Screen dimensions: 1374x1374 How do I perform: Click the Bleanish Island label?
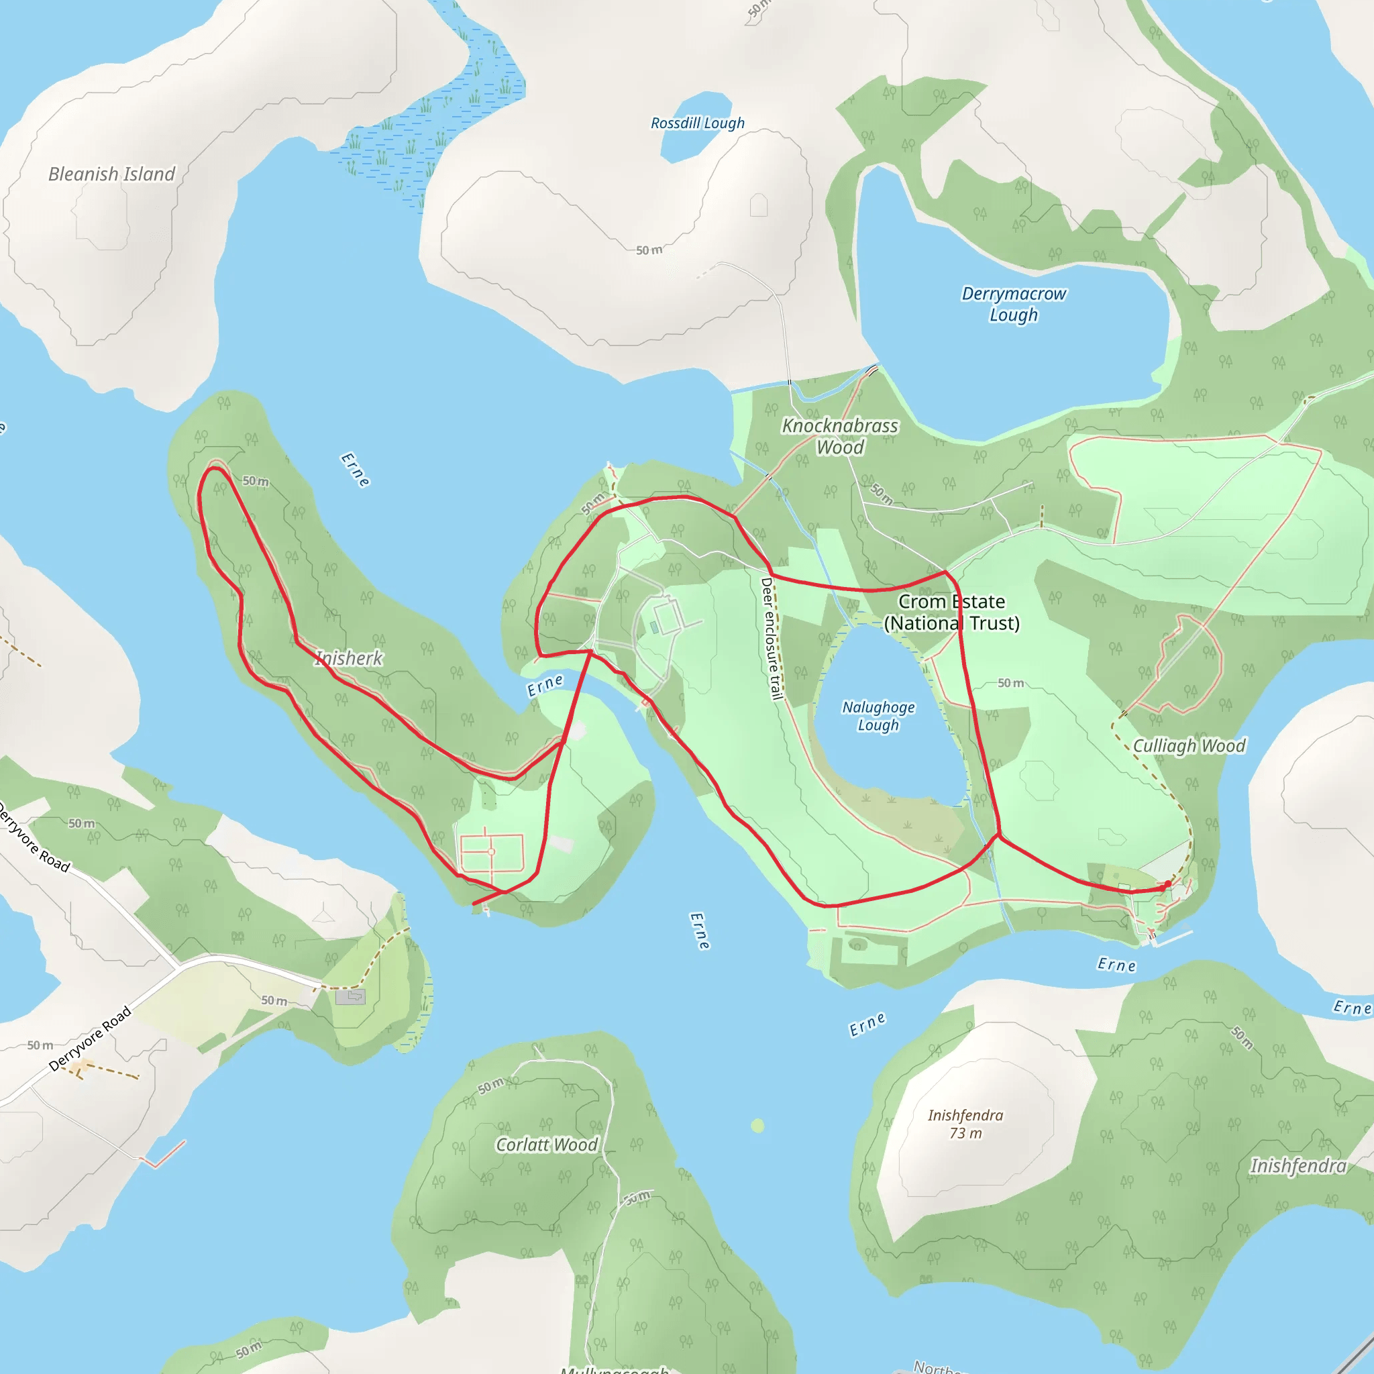[111, 174]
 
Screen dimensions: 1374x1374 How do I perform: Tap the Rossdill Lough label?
[698, 123]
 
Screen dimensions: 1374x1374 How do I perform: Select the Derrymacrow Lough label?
[1014, 304]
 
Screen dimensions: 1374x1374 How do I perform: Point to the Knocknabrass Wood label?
[840, 436]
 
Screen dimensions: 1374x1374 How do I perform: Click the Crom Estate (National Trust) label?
[951, 613]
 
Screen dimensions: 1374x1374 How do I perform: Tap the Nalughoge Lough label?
[878, 716]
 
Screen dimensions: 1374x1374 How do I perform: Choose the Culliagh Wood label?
[1189, 746]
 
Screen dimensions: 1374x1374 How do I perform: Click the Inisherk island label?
[348, 659]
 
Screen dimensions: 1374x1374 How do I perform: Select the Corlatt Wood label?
[546, 1145]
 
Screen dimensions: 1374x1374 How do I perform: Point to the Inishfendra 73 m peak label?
[965, 1124]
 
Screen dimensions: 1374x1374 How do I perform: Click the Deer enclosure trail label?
[772, 638]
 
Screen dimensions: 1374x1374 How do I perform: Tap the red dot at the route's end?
[1168, 884]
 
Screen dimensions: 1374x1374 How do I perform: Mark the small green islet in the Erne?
[757, 1126]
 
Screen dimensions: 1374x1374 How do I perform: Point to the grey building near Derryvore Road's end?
[350, 996]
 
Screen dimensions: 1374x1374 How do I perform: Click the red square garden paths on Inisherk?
[491, 852]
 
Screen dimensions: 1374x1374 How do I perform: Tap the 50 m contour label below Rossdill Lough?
[649, 250]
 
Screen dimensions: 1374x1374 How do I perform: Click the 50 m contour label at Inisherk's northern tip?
[256, 482]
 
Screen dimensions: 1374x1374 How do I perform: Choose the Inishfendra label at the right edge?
[1299, 1166]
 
